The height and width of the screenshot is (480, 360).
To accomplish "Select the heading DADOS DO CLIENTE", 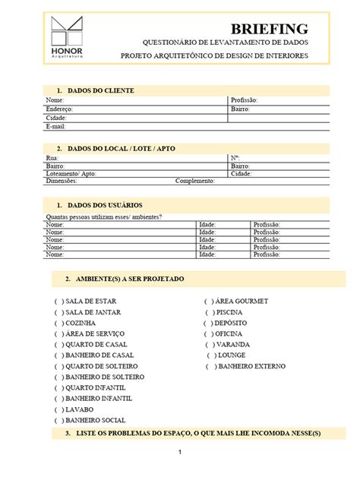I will [101, 90].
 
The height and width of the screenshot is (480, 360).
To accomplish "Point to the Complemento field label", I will [195, 182].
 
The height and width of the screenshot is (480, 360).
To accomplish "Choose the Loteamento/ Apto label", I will [71, 173].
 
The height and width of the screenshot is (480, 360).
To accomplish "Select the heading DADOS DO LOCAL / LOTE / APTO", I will [122, 149].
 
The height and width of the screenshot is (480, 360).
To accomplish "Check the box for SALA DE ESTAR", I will [58, 302].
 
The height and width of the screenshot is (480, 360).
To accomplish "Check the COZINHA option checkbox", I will [58, 323].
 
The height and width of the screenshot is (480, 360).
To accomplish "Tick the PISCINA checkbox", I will [209, 312].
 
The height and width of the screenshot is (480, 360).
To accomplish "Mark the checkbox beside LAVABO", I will [58, 409].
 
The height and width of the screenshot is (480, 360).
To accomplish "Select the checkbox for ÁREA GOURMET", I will [209, 302].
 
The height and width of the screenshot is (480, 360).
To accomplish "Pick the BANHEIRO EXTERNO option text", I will [251, 366].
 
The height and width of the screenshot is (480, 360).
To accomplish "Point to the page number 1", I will [180, 453].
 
